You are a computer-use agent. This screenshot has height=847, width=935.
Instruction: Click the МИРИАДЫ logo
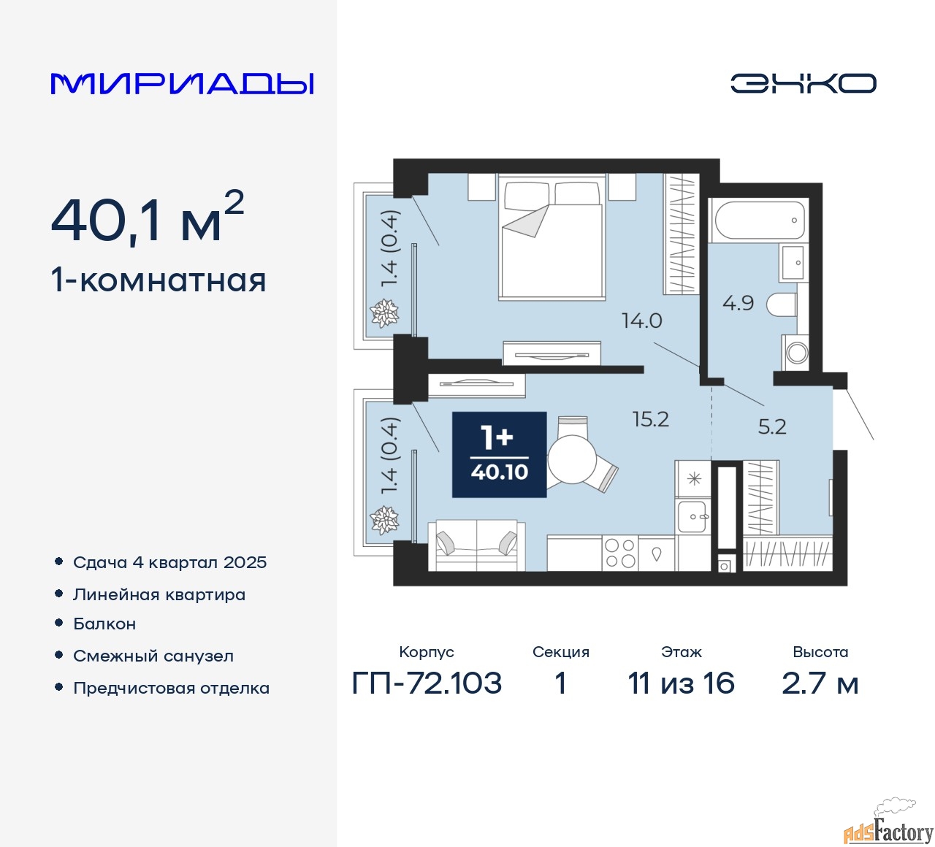[x=182, y=84]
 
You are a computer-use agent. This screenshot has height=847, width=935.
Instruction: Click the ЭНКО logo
[x=803, y=83]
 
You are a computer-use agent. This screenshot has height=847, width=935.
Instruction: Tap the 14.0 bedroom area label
[x=641, y=321]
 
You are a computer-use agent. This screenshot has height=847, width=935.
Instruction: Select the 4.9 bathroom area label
[x=738, y=303]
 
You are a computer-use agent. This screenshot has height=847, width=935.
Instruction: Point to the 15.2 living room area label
[x=650, y=419]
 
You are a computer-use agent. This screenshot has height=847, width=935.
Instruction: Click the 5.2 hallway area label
[x=772, y=426]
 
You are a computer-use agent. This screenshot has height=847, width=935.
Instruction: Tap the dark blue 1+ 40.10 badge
[x=499, y=455]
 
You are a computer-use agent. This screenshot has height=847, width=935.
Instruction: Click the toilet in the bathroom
[x=782, y=305]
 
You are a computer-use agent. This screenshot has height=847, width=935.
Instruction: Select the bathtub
[x=759, y=221]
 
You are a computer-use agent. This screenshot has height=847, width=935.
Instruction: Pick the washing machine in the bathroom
[x=795, y=353]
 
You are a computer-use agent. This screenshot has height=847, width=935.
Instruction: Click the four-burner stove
[x=620, y=553]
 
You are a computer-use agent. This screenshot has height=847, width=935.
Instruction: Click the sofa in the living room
[x=476, y=545]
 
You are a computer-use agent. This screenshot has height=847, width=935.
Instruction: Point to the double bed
[x=552, y=236]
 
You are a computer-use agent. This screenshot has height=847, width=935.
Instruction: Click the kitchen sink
[x=692, y=516]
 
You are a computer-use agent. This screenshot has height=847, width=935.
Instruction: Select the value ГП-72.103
[x=427, y=683]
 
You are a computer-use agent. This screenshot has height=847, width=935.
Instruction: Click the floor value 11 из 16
[x=681, y=683]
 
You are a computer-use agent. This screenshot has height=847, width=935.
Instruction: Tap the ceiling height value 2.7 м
[x=820, y=683]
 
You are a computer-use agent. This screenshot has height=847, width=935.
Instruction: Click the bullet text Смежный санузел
[x=153, y=656]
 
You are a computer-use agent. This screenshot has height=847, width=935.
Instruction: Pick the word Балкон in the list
[x=104, y=624]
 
